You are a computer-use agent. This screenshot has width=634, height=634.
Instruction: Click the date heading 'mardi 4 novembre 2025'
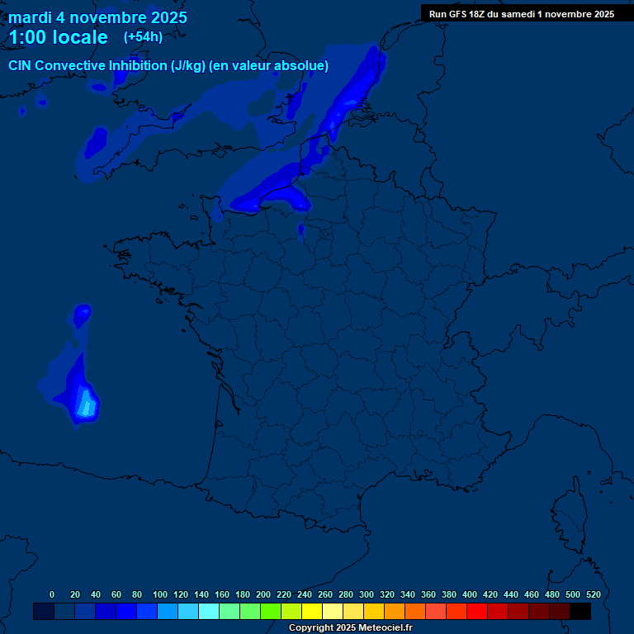97,17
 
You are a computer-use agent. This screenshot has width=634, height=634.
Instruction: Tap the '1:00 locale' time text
58,37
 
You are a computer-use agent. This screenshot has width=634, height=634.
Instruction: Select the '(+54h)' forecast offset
143,37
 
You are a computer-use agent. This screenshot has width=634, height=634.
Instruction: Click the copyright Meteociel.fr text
350,628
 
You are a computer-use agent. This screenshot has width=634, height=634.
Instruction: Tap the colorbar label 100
159,594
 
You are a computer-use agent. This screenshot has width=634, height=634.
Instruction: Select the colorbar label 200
263,594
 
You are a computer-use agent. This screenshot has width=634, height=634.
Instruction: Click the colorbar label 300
366,594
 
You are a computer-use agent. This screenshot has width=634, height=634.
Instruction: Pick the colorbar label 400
469,594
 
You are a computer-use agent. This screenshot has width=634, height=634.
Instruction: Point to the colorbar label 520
593,594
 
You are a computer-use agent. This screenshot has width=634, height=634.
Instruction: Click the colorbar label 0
52,594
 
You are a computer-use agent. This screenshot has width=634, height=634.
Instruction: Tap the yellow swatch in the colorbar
311,612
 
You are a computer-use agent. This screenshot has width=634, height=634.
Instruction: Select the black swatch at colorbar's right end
580,612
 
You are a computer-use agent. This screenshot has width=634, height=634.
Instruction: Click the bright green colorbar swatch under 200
270,612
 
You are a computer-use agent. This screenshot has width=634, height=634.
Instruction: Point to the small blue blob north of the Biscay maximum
82,314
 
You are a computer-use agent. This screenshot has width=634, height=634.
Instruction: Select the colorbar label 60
116,594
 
